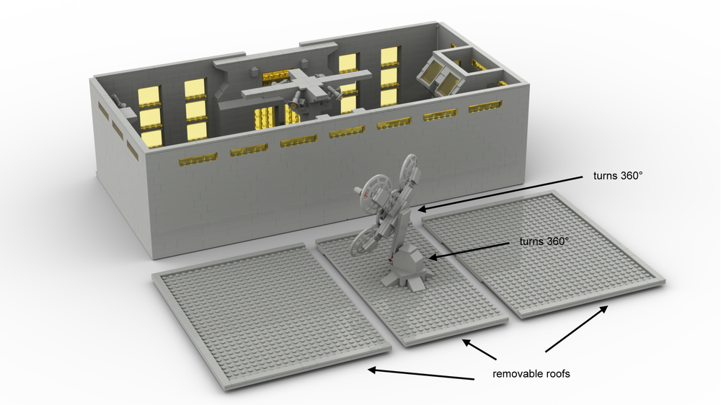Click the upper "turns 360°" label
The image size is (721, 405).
coord(618,176)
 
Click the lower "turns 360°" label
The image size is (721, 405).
coord(544,241)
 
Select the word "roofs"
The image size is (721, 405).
coord(557,374)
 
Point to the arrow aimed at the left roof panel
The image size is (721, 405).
coord(421,374)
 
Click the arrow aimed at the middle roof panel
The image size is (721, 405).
coord(479,350)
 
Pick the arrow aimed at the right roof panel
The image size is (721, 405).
coord(576,329)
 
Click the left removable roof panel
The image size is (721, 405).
coord(271,316)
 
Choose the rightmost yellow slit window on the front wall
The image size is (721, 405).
coord(485,107)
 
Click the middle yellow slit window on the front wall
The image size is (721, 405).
coord(347,133)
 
